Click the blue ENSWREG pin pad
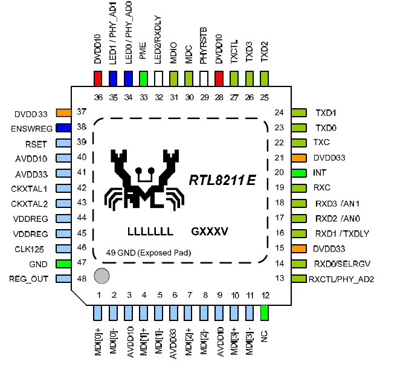point(63,128)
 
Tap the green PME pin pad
point(143,79)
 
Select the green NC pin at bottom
point(264,313)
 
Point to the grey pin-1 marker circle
point(102,276)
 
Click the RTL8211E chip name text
point(222,180)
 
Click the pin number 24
point(279,112)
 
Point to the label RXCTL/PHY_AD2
point(340,279)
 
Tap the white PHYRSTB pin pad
point(204,79)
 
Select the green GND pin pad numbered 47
point(63,264)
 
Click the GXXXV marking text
point(211,232)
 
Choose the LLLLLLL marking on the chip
point(150,232)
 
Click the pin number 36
point(98,98)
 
